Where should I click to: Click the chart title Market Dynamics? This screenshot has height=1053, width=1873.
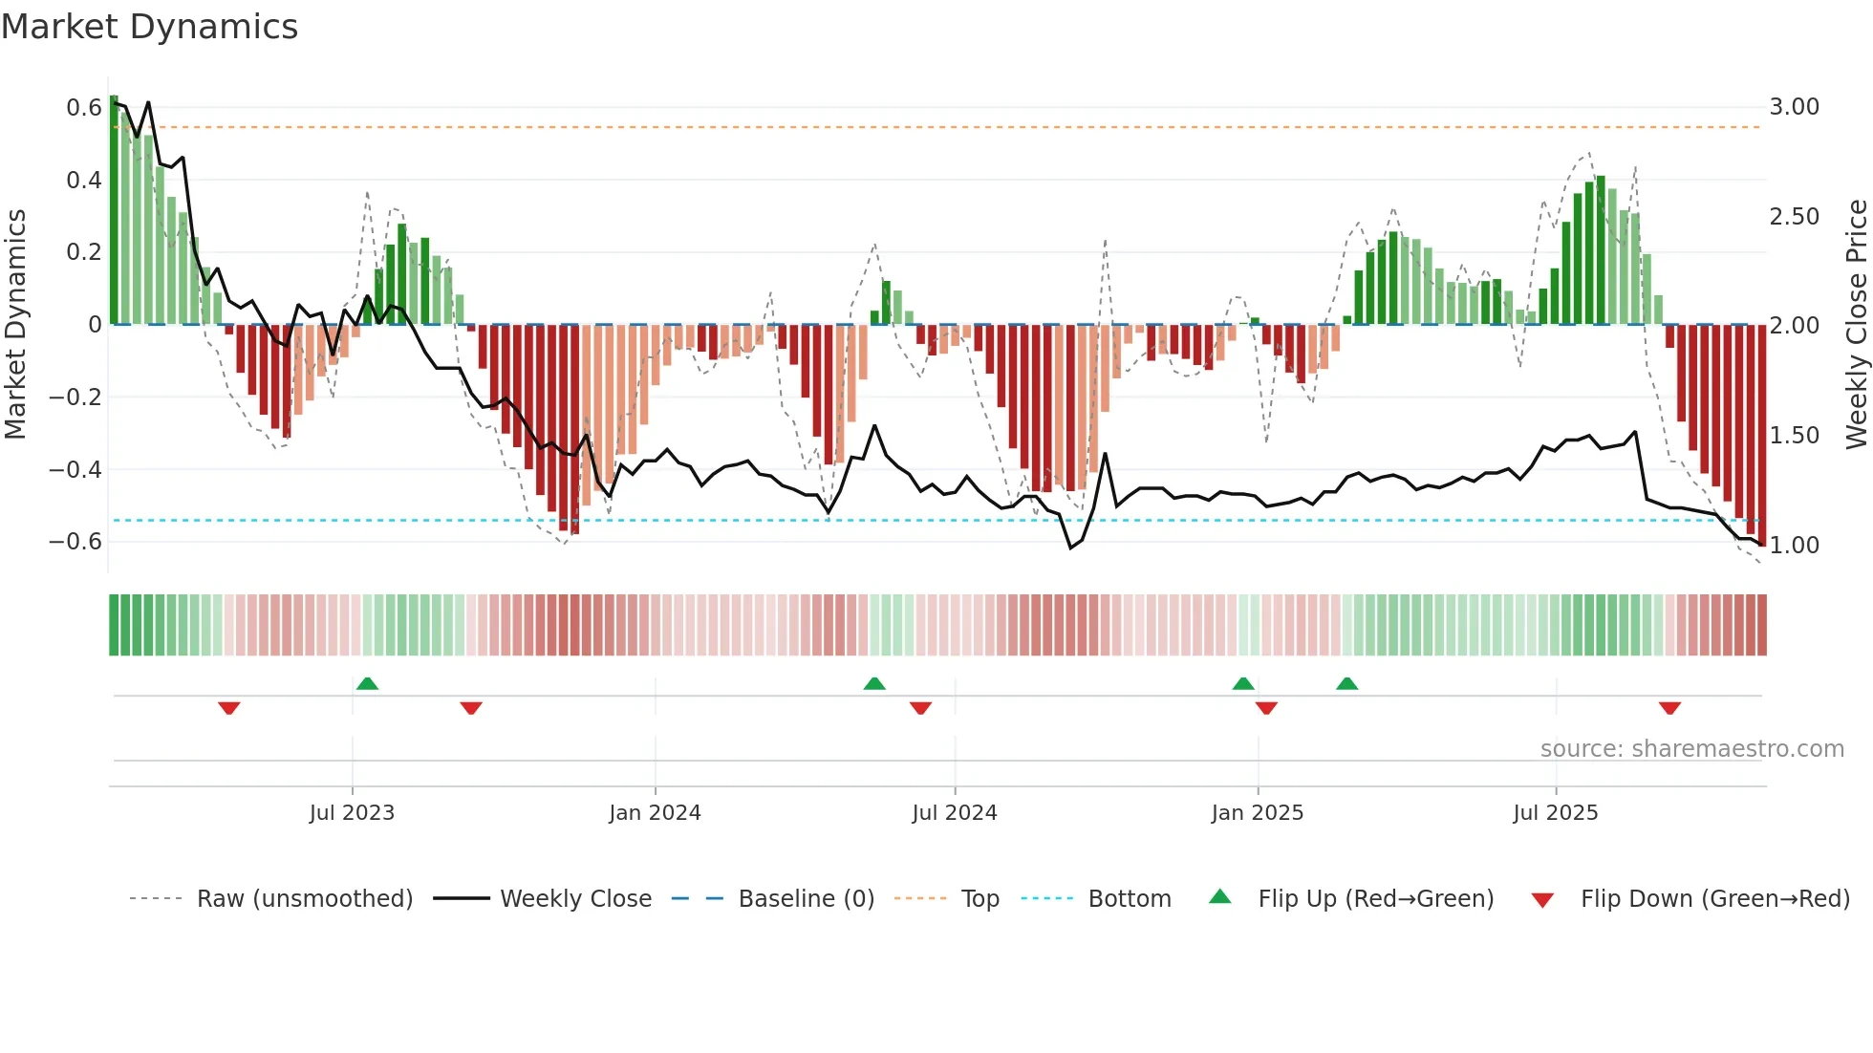tap(150, 27)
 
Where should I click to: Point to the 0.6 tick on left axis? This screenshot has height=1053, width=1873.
tap(84, 107)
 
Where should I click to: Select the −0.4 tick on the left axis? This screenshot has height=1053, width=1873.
tap(75, 469)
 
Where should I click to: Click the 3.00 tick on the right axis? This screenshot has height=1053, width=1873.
tap(1794, 107)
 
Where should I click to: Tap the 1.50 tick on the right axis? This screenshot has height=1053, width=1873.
tap(1794, 436)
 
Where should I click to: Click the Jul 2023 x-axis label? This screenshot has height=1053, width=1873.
tap(352, 813)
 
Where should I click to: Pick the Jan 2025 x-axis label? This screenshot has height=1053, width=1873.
tap(1257, 813)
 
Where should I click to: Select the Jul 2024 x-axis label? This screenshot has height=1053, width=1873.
tap(954, 813)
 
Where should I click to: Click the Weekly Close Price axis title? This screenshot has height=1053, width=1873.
tap(1856, 324)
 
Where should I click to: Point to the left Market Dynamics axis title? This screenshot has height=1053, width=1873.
tap(15, 324)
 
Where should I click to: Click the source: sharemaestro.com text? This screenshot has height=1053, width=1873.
tap(1691, 749)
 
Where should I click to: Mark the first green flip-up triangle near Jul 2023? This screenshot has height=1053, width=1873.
tap(367, 683)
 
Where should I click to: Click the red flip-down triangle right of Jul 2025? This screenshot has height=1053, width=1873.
tap(1669, 708)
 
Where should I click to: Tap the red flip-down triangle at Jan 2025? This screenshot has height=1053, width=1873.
tap(1266, 708)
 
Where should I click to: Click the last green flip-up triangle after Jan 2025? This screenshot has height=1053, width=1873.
tap(1346, 683)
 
